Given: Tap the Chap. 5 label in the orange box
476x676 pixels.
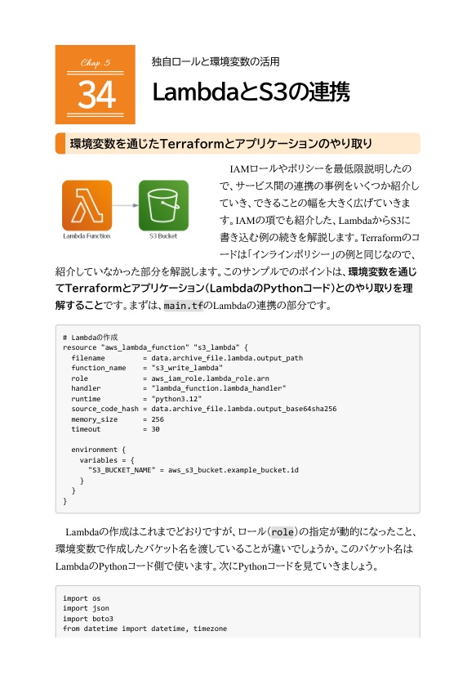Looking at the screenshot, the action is [96, 62].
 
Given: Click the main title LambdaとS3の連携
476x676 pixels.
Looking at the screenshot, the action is [251, 92].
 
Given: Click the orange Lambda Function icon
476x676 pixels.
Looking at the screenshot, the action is [87, 204].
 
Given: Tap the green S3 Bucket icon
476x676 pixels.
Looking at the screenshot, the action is [163, 204].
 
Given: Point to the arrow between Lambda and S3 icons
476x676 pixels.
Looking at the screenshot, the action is [125, 205].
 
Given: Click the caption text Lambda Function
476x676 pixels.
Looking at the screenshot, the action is [87, 236].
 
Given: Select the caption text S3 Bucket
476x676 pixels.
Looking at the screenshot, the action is [163, 236].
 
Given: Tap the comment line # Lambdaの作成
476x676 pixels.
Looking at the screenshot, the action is [91, 337].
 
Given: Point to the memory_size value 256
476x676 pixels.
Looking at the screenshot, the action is [158, 419].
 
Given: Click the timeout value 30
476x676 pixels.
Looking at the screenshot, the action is [155, 428].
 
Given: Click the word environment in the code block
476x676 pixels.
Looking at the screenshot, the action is [96, 450].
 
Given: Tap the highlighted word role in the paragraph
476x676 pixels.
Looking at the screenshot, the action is [282, 530].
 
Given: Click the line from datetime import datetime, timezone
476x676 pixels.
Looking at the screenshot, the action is [145, 628].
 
